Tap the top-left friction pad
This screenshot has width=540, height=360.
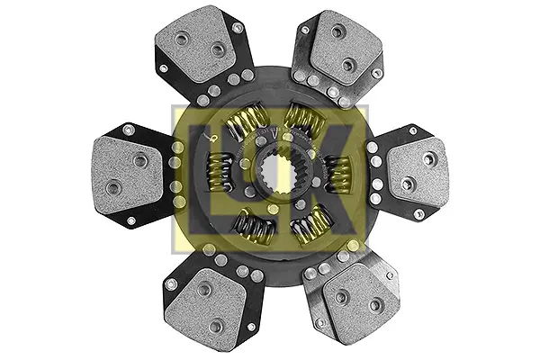click(x=195, y=43)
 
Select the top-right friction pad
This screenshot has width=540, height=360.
click(x=345, y=49)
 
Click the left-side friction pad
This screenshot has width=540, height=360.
click(x=128, y=175)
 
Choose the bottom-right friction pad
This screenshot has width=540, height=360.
click(x=359, y=303)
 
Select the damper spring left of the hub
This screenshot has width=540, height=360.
click(x=219, y=171)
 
